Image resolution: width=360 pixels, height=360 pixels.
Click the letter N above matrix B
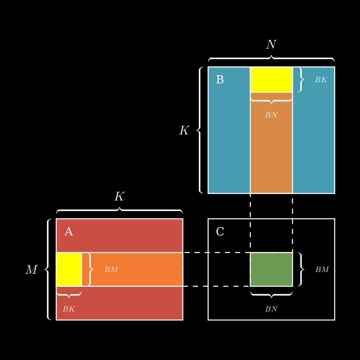coord(271,45)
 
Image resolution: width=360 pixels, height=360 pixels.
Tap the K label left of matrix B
coord(184,131)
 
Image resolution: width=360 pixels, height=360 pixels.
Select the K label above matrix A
coord(119,197)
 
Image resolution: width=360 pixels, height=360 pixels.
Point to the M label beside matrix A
coord(31,270)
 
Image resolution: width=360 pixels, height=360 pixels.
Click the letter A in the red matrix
coord(68,232)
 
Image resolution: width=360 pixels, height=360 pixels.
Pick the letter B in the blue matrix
coord(220,80)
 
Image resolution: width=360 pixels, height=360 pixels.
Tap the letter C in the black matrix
coord(220,232)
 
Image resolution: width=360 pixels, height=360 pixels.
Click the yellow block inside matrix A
coord(69,269)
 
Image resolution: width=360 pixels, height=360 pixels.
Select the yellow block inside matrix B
coord(271,80)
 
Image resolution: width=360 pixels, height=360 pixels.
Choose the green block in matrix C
coord(271,269)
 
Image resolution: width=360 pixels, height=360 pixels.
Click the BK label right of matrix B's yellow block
coord(321,80)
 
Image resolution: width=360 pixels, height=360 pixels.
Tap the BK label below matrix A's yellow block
coord(68,309)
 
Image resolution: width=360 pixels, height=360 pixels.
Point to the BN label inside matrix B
coord(271,115)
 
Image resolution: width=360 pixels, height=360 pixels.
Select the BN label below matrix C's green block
coord(271,309)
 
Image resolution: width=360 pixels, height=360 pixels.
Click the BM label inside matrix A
coord(111,270)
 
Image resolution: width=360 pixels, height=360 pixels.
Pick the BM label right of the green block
coord(322,270)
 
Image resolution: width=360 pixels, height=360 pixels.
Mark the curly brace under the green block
coord(271,295)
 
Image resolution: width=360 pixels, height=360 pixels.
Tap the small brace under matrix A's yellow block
coord(69,295)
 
